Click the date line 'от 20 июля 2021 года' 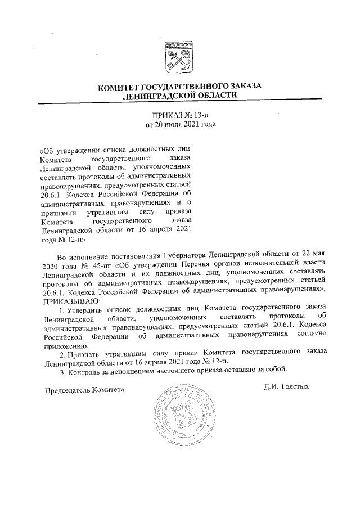[x=180, y=124]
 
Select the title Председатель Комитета [x=84, y=389]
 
